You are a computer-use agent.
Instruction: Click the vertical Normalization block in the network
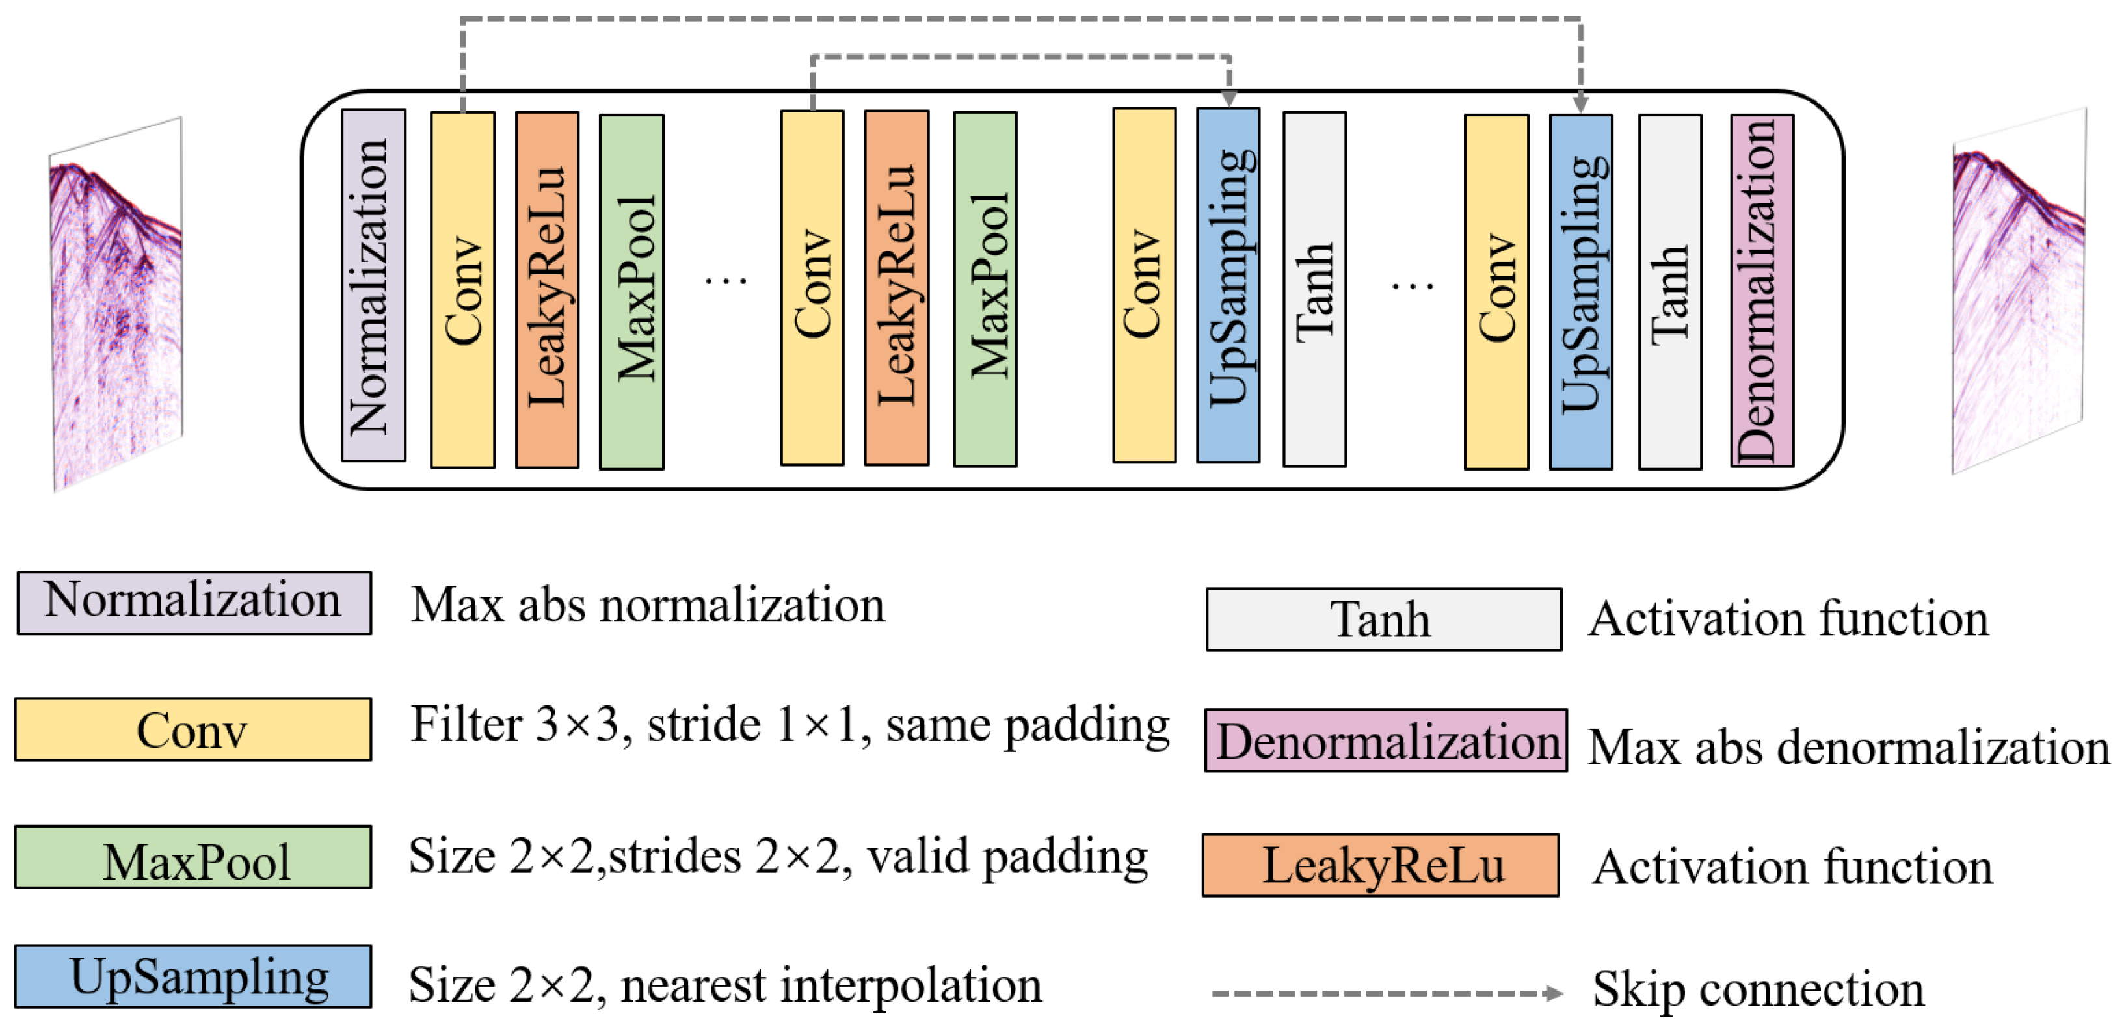click(373, 285)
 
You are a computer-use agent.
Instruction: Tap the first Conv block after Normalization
click(462, 290)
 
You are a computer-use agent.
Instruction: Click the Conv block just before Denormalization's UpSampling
click(1496, 292)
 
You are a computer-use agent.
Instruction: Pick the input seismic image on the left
click(116, 305)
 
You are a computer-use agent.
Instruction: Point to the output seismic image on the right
click(2019, 293)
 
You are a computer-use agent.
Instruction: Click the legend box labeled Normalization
click(194, 603)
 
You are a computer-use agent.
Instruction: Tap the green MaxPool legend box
click(193, 857)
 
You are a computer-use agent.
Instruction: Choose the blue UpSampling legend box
click(193, 976)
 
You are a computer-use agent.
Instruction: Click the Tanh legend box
click(1383, 619)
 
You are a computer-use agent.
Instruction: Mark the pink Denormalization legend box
click(1385, 740)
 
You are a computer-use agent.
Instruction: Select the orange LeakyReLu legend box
click(1380, 865)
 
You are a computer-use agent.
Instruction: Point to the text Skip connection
click(1758, 988)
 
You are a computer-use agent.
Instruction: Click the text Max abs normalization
click(647, 606)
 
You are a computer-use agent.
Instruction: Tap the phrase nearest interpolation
click(830, 985)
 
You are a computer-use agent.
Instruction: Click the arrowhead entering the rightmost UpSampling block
click(1580, 104)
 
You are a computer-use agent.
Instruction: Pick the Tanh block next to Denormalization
click(1669, 291)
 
